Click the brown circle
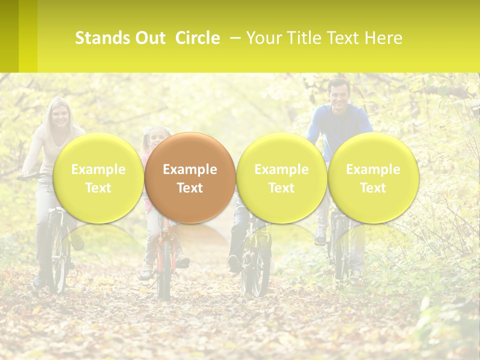[x=189, y=178]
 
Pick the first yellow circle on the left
[x=98, y=178]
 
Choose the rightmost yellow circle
[x=373, y=178]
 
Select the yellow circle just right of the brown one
[x=281, y=178]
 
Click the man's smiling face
[x=339, y=94]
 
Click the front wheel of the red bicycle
[x=164, y=275]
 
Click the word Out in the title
[x=149, y=38]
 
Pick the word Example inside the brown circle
[x=189, y=169]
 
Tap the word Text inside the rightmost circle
[x=373, y=187]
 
